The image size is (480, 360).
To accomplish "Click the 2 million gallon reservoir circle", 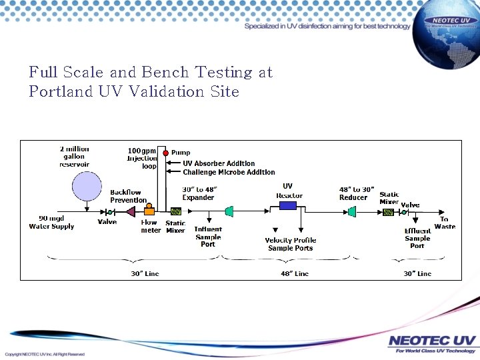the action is click(x=87, y=185).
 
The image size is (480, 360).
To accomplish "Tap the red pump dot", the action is click(x=165, y=153).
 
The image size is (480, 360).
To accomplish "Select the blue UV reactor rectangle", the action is click(x=288, y=206).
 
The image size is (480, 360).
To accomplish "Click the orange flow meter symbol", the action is click(x=149, y=211).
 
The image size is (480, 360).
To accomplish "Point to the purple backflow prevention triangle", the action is click(x=131, y=211).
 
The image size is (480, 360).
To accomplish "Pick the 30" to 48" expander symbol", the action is click(x=229, y=211).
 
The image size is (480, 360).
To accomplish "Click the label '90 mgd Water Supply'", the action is click(x=51, y=223).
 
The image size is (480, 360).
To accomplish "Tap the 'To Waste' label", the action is click(x=444, y=223).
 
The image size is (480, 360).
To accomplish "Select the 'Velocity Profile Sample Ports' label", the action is click(x=290, y=244).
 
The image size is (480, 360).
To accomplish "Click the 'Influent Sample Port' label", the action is click(x=208, y=237).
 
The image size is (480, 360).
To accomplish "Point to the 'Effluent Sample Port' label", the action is click(x=417, y=238).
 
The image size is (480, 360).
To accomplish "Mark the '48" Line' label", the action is click(x=294, y=273).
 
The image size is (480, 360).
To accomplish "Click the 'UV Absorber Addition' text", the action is click(x=219, y=163).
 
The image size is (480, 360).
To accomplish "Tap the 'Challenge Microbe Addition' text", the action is click(x=229, y=172).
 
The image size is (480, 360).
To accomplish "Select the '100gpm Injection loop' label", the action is click(x=141, y=158).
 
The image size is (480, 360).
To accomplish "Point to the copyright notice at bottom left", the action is click(x=45, y=354).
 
